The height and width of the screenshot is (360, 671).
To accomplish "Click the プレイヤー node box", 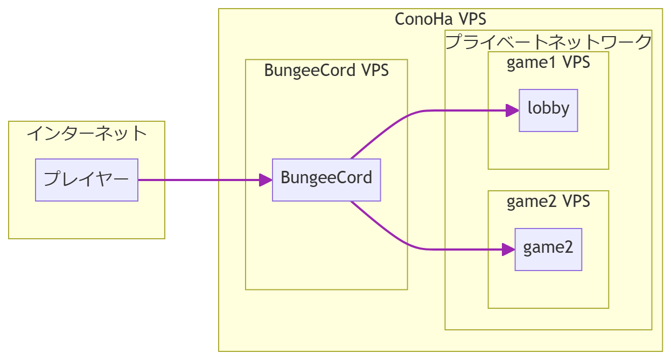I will click(x=87, y=180).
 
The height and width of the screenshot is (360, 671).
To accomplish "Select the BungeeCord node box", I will click(x=326, y=180).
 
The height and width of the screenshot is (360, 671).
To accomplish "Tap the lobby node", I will click(x=548, y=110).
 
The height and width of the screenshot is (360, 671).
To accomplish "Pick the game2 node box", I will click(x=548, y=250).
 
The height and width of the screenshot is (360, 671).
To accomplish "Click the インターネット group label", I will click(x=87, y=133).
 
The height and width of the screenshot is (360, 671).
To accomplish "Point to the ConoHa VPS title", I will click(x=440, y=19).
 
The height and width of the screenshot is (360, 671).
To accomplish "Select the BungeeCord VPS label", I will click(x=326, y=71).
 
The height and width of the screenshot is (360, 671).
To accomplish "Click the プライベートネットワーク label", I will click(x=548, y=41).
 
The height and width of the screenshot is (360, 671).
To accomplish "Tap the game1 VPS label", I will click(x=548, y=63).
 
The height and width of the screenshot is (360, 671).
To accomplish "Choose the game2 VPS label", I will click(x=548, y=202).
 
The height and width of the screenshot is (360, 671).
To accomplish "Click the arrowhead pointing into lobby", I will click(x=512, y=110).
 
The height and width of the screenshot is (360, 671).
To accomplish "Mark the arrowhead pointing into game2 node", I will click(x=508, y=250).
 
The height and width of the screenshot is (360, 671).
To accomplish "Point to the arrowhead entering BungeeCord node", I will click(x=265, y=180).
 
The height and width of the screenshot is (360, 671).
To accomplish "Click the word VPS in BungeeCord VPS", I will click(x=374, y=71).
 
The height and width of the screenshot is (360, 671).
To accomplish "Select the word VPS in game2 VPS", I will click(x=576, y=202).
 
